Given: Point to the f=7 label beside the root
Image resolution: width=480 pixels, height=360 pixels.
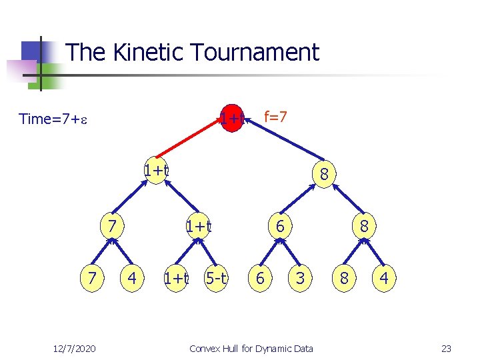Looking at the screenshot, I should coord(275,117).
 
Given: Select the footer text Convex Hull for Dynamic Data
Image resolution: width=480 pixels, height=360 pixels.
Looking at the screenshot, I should coord(251,349).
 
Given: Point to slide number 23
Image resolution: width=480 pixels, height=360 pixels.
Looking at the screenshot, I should coord(446,349).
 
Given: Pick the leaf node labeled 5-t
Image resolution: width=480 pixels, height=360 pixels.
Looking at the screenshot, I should coord(217,278).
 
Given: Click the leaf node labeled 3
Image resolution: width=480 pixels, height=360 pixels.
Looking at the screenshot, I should coord(300,278).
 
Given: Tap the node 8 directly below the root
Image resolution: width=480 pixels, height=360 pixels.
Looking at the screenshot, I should coord(323,175).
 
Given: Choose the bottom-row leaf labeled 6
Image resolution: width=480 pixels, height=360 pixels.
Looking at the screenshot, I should coord(261,278).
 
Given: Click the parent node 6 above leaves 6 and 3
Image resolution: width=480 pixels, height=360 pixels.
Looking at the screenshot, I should coord(281,227).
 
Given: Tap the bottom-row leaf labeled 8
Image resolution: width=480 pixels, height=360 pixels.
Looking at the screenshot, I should coord(344,278).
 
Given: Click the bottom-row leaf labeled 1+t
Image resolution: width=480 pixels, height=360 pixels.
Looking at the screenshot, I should coord(176,278).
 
